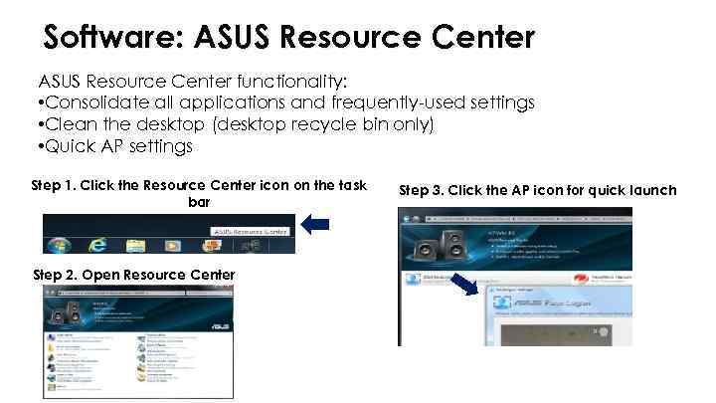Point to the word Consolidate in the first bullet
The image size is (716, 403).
(x=96, y=102)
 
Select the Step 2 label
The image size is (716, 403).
(x=54, y=274)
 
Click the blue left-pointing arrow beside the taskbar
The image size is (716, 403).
(x=314, y=226)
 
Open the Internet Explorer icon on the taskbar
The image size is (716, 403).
(x=97, y=243)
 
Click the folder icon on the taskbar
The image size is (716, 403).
(x=135, y=244)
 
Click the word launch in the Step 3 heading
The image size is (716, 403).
(x=648, y=189)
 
